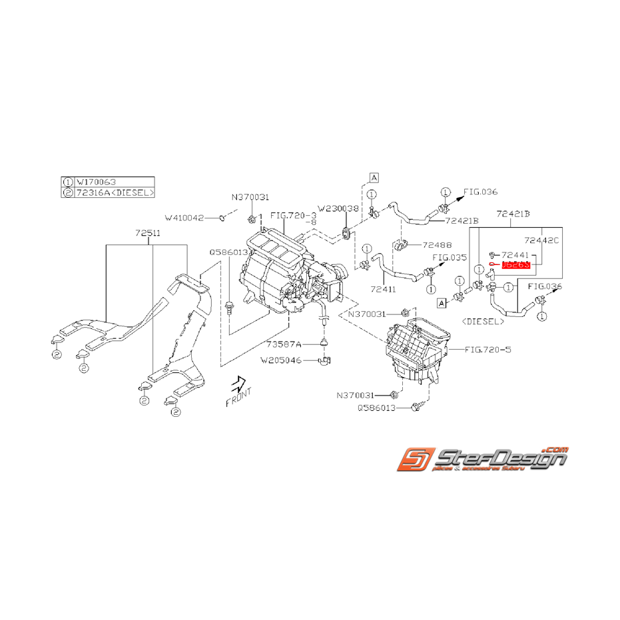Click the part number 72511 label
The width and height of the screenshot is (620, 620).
coord(147,233)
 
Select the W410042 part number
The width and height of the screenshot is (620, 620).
coord(184,217)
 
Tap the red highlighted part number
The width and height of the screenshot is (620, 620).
coord(515,264)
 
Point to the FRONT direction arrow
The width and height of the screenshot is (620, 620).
coord(238,387)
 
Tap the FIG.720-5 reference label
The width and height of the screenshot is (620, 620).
coord(489,349)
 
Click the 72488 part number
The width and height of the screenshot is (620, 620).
coord(437,244)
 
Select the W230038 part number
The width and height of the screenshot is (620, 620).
coord(338,208)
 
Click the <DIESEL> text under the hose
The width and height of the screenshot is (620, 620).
coord(482,321)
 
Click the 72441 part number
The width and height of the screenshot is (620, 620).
coord(516,254)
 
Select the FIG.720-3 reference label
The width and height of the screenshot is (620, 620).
coord(292,216)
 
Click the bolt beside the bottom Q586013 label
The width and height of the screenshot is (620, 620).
coord(417,406)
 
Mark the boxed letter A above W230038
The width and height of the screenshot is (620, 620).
coord(374,177)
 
